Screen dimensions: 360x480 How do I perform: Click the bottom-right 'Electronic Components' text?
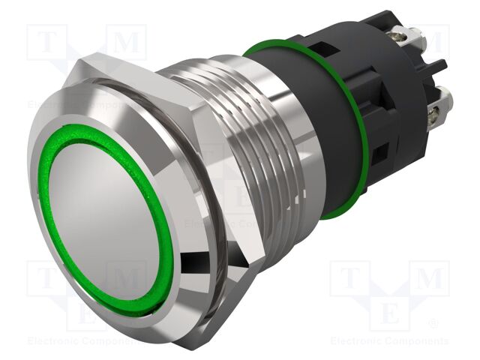point(389,341)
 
